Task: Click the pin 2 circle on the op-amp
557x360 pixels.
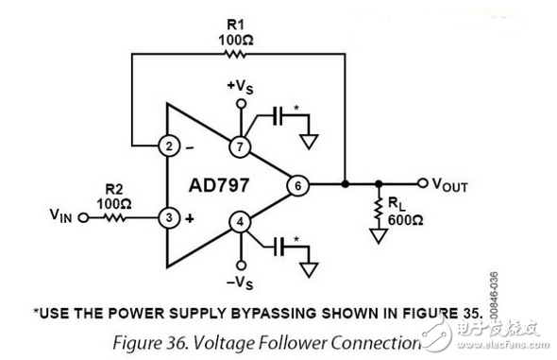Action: pyautogui.click(x=168, y=147)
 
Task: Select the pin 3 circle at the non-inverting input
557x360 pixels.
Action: pyautogui.click(x=168, y=218)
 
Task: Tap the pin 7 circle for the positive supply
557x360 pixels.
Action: pyautogui.click(x=240, y=147)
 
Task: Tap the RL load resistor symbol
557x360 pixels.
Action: pyautogui.click(x=379, y=218)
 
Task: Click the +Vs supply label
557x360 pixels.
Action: pyautogui.click(x=240, y=87)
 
